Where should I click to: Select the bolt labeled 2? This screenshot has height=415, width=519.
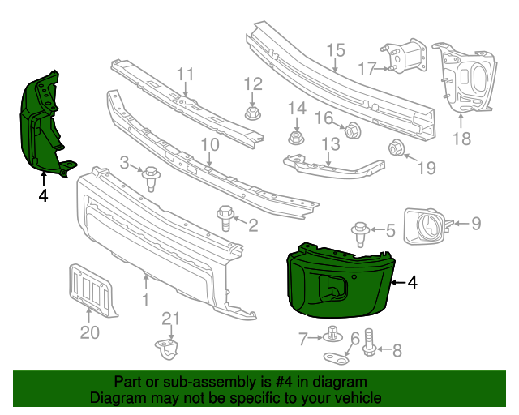[225, 217]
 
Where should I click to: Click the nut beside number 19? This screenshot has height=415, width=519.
[397, 148]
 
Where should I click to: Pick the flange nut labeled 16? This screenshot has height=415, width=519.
[352, 130]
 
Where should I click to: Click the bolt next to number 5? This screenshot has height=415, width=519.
[361, 231]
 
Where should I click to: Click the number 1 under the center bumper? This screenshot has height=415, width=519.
[146, 301]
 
